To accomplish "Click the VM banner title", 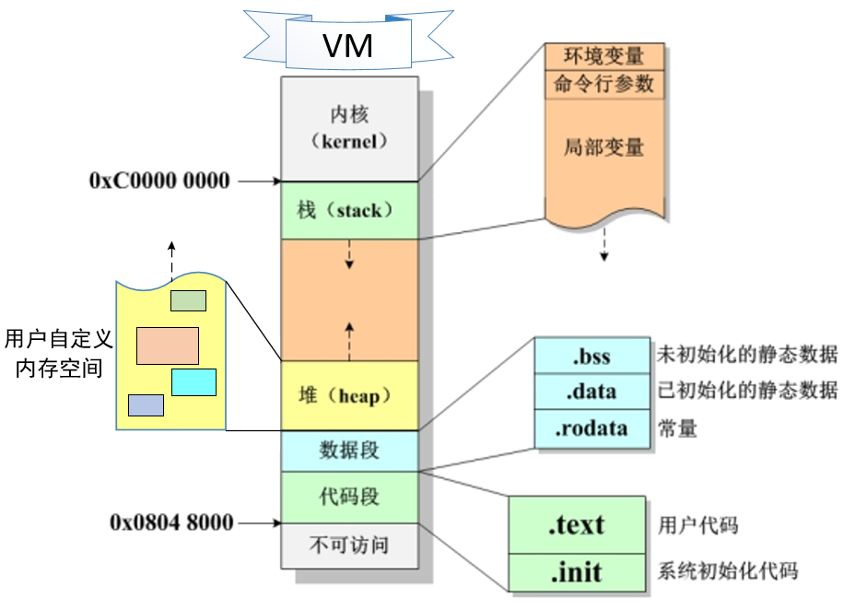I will click(x=347, y=44).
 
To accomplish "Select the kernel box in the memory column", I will click(x=349, y=129).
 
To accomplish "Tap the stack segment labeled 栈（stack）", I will click(x=349, y=210).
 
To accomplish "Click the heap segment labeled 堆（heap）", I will click(x=349, y=395).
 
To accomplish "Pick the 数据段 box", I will click(x=349, y=451).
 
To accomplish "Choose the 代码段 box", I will click(x=349, y=497).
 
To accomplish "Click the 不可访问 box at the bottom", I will click(x=349, y=545).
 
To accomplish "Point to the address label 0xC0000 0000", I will click(x=159, y=181).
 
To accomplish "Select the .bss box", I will click(x=591, y=355).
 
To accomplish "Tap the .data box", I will click(x=591, y=392).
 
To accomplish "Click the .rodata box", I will click(x=591, y=428).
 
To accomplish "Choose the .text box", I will click(x=577, y=525).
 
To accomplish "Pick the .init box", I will click(x=577, y=572).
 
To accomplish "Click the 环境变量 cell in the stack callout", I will click(x=604, y=56).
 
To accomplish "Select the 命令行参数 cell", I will click(x=604, y=84).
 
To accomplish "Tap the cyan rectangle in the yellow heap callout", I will click(x=193, y=381).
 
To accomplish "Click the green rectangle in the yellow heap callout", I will click(x=188, y=300).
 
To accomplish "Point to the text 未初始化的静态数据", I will click(x=747, y=355).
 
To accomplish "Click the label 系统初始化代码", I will click(x=728, y=572).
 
